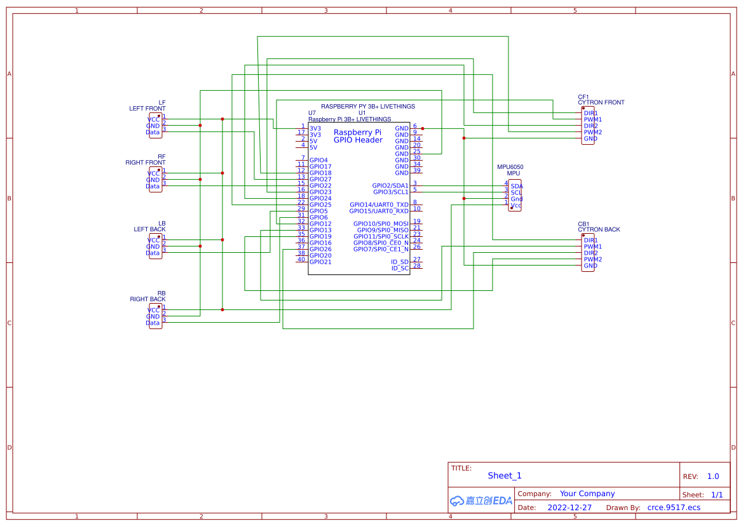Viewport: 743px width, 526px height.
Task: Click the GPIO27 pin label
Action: click(320, 179)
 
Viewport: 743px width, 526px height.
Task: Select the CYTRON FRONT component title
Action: click(601, 102)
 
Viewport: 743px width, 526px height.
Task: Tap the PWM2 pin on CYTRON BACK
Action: click(592, 259)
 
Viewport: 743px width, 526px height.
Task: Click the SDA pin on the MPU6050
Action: click(516, 186)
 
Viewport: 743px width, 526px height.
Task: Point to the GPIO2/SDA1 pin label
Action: click(390, 185)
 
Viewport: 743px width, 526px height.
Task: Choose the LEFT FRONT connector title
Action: click(147, 109)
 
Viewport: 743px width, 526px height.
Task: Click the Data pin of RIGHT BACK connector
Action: click(153, 323)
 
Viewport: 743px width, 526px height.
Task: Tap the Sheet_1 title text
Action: click(505, 475)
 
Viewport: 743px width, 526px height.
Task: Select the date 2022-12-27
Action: click(569, 508)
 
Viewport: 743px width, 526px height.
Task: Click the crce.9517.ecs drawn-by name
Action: click(674, 508)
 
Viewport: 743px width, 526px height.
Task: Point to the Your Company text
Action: click(587, 494)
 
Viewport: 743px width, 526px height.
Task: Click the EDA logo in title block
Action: click(481, 501)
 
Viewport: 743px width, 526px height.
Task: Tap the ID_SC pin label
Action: click(400, 268)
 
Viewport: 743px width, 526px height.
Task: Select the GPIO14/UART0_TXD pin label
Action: click(379, 205)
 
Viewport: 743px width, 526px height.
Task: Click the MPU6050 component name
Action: click(510, 167)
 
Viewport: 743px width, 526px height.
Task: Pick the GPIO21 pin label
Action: click(320, 262)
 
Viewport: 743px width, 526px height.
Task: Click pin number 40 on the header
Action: click(301, 259)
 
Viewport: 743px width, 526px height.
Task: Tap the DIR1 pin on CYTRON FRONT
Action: click(590, 113)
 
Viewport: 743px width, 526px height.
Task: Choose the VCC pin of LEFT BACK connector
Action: click(153, 240)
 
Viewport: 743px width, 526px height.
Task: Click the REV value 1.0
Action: click(713, 476)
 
